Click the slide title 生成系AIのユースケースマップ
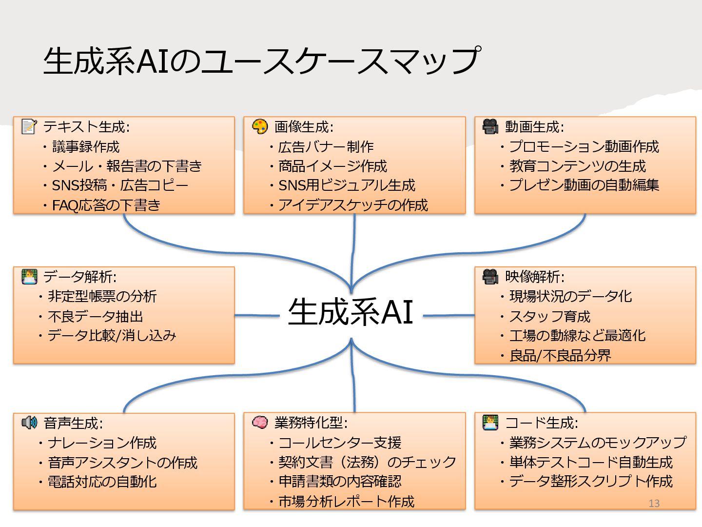pyautogui.click(x=262, y=61)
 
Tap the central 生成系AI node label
pyautogui.click(x=351, y=312)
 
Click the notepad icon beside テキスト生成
pyautogui.click(x=29, y=127)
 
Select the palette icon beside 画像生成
pyautogui.click(x=260, y=127)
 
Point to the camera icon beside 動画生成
pyautogui.click(x=490, y=127)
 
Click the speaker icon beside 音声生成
pyautogui.click(x=29, y=423)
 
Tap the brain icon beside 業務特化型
pyautogui.click(x=260, y=422)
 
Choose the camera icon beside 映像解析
pyautogui.click(x=490, y=277)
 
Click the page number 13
pyautogui.click(x=654, y=503)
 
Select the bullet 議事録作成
pyautogui.click(x=86, y=147)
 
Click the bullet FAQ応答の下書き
pyautogui.click(x=106, y=205)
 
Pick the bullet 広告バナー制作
pyautogui.click(x=326, y=147)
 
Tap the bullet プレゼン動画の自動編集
pyautogui.click(x=584, y=185)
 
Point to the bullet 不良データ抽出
pyautogui.click(x=96, y=317)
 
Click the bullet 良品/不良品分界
pyautogui.click(x=560, y=356)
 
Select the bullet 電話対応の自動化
pyautogui.click(x=102, y=482)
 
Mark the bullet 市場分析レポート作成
pyautogui.click(x=346, y=502)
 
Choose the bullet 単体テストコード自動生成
pyautogui.click(x=591, y=462)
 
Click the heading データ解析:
pyautogui.click(x=80, y=277)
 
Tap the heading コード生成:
pyautogui.click(x=542, y=423)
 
